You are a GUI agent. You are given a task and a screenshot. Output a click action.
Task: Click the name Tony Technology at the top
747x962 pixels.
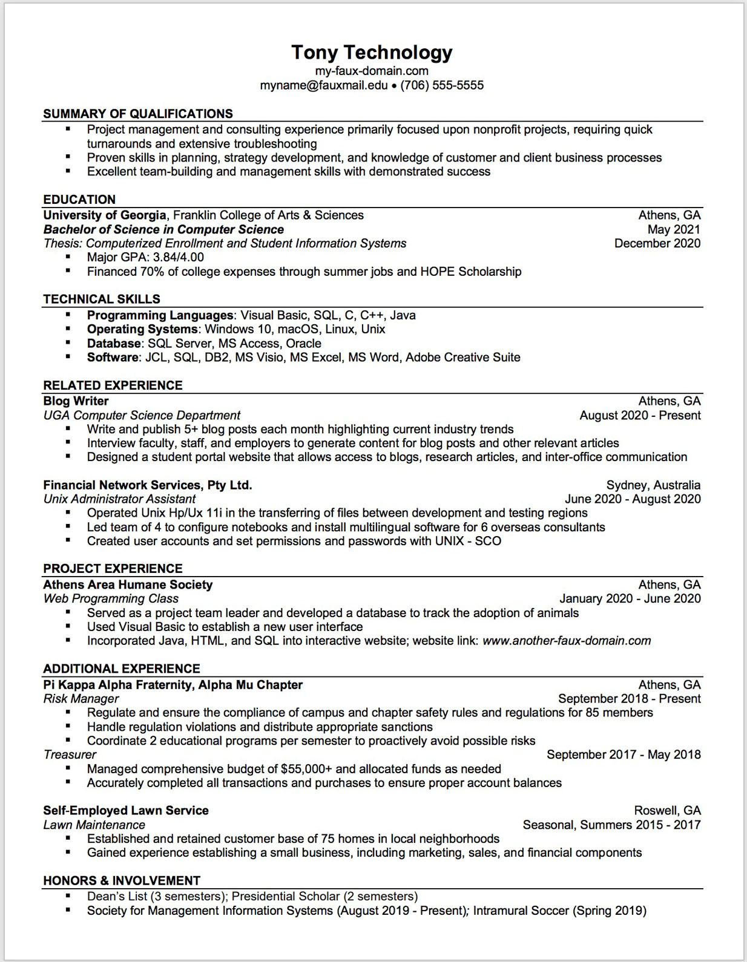372,53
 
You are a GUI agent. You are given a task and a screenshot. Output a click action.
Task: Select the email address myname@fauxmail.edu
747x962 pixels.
323,85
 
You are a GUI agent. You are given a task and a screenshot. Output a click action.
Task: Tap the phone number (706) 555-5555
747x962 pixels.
442,85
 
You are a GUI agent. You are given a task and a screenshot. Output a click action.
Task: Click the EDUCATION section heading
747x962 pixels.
79,200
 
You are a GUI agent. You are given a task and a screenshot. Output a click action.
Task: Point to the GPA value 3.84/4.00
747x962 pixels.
179,257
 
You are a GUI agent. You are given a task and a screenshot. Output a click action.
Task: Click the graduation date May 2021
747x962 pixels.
674,229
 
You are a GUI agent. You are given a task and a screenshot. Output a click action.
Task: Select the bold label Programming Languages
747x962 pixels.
160,315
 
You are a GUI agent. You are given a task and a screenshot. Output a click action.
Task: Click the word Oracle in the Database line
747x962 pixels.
303,344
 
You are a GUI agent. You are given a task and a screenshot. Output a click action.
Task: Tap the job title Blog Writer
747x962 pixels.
76,401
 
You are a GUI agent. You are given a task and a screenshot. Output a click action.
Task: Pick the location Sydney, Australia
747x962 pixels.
653,485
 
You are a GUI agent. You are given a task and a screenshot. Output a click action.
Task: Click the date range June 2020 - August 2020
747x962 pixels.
633,499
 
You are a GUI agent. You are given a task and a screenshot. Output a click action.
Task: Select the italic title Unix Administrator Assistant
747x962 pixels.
119,499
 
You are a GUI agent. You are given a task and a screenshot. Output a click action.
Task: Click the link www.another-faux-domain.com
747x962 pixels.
567,641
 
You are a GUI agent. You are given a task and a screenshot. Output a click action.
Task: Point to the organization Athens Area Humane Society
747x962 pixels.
128,585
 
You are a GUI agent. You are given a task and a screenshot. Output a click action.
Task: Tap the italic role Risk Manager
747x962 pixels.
81,699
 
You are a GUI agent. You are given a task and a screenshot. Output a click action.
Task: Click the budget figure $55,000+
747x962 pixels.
306,769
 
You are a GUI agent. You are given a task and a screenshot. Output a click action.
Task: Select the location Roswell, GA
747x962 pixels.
667,811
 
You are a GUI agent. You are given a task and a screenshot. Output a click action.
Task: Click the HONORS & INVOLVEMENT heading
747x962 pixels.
122,881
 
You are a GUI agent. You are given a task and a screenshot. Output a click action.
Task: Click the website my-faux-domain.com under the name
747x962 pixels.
372,71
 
